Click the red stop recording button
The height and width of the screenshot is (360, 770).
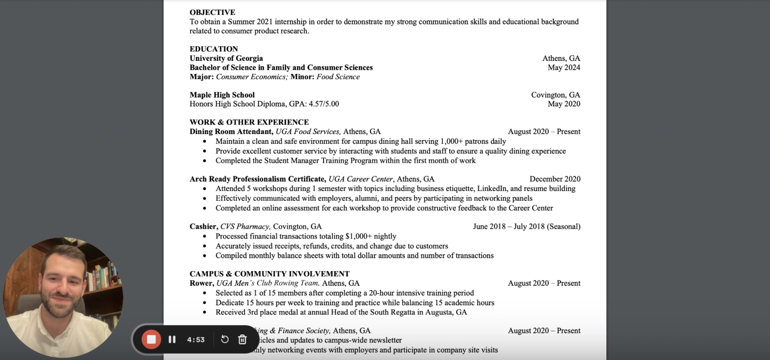tap(151, 339)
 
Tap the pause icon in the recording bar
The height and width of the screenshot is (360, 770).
tap(172, 339)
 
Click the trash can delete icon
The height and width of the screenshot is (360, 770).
tap(242, 339)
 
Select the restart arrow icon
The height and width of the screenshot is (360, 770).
tap(225, 339)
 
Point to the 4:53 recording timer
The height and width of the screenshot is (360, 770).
tap(196, 340)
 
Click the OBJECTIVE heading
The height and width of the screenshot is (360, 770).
tap(212, 12)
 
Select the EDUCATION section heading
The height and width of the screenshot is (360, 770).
tap(214, 49)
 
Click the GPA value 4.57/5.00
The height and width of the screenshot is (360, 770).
tap(324, 104)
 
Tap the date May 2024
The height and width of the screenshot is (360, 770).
tap(564, 67)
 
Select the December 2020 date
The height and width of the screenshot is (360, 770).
tap(555, 179)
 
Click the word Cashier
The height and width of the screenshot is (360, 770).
tap(203, 226)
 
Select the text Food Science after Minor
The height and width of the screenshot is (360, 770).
tap(338, 77)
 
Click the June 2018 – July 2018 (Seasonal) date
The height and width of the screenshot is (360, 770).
tap(526, 226)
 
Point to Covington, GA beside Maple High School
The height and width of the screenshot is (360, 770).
tap(555, 95)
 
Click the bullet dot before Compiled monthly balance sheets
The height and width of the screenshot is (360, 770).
tap(205, 256)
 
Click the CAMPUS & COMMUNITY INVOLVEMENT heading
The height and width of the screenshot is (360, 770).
tap(269, 274)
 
